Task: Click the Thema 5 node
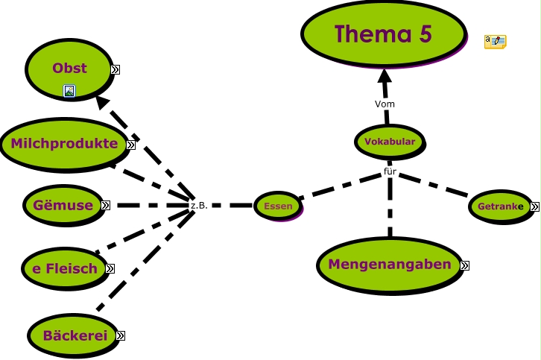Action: click(384, 34)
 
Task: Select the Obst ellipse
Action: click(70, 69)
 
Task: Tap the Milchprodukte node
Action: click(65, 145)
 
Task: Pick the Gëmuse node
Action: click(64, 206)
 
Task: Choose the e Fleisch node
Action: click(65, 268)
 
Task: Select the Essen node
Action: click(279, 206)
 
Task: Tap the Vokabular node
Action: click(390, 142)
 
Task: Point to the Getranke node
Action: click(501, 206)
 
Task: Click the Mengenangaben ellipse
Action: click(390, 265)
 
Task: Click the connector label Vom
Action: click(385, 104)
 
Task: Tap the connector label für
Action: click(390, 171)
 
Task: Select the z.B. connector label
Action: click(199, 206)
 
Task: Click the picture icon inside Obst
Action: click(69, 91)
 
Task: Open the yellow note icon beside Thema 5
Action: click(496, 42)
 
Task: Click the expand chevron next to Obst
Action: click(116, 70)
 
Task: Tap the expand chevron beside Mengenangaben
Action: click(465, 265)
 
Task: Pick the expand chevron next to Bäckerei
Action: click(121, 336)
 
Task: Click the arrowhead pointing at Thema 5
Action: click(385, 75)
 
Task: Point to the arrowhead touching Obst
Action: click(103, 102)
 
